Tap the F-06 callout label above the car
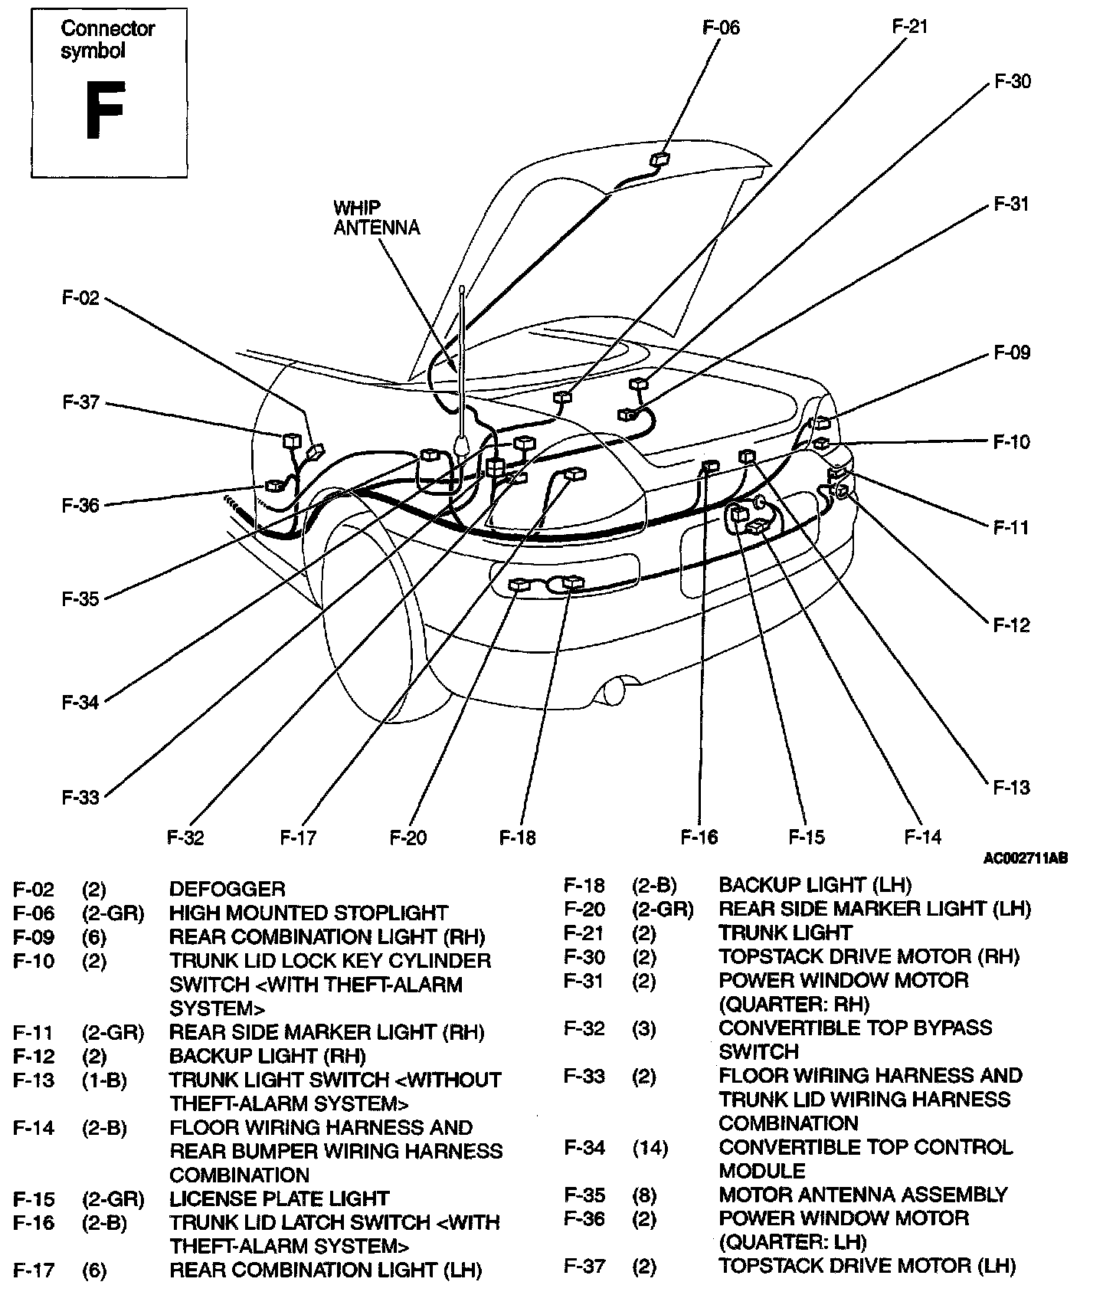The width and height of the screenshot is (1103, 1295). coord(721,28)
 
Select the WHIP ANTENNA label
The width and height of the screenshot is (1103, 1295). coord(376,218)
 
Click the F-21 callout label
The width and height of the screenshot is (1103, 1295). coord(909,26)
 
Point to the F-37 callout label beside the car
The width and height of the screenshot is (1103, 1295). coord(80,402)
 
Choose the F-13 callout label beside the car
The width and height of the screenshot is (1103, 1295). coord(1011,787)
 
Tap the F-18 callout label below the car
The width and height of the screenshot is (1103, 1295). coord(518,838)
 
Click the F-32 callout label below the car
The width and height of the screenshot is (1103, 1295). coord(185,838)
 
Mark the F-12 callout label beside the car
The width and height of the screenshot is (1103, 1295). coord(1011,625)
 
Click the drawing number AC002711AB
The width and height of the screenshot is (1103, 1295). coord(1025,858)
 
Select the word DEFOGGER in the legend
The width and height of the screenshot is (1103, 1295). coord(227,889)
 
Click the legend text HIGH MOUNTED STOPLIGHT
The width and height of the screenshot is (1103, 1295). coord(308,913)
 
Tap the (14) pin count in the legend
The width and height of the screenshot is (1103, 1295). coord(650,1148)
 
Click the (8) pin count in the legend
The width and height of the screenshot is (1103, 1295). coord(644,1195)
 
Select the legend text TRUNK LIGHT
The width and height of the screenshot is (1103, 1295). coord(784,933)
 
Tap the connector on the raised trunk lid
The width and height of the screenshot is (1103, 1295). coord(660,159)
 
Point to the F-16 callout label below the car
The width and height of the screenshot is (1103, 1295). coord(699,838)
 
